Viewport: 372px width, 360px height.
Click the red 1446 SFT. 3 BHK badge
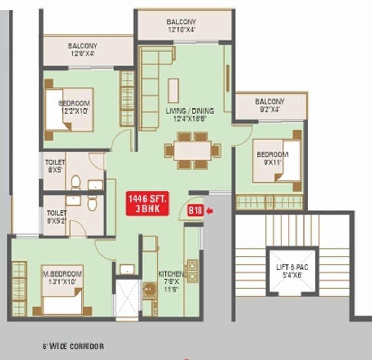pyautogui.click(x=147, y=204)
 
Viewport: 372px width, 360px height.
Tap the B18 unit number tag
pyautogui.click(x=195, y=211)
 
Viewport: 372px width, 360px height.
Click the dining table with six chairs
pyautogui.click(x=192, y=150)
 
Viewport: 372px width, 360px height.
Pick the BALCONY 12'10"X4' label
pyautogui.click(x=181, y=26)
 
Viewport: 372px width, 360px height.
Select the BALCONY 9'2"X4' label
pyautogui.click(x=269, y=105)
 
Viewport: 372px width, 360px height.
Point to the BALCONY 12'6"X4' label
pyautogui.click(x=82, y=49)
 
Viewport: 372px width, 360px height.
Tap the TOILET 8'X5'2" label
pyautogui.click(x=56, y=217)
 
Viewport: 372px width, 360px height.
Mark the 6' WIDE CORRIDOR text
pyautogui.click(x=73, y=346)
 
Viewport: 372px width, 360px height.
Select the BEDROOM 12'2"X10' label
pyautogui.click(x=74, y=107)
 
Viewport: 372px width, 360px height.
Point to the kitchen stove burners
pyautogui.click(x=192, y=271)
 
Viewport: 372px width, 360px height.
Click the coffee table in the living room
pyautogui.click(x=173, y=90)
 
